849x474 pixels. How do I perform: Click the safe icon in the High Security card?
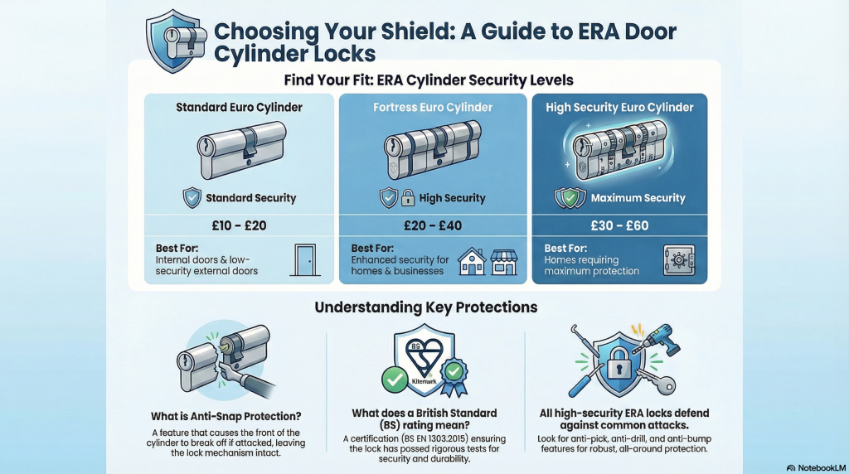pyautogui.click(x=678, y=259)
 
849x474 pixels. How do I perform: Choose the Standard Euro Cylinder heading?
pyautogui.click(x=239, y=107)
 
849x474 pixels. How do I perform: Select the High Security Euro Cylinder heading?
pyautogui.click(x=619, y=107)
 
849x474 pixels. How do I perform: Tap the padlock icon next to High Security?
pyautogui.click(x=409, y=198)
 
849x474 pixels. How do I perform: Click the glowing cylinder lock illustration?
pyautogui.click(x=619, y=152)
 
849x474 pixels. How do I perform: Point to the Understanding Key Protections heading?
pyautogui.click(x=425, y=307)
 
